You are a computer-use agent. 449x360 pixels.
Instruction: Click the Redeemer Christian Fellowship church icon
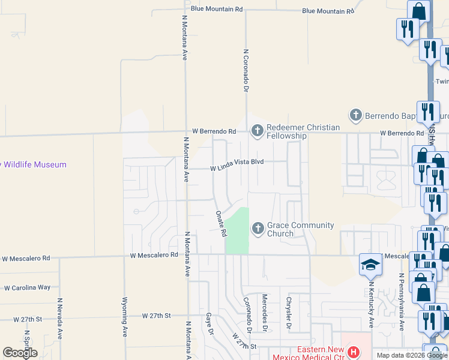[258, 130]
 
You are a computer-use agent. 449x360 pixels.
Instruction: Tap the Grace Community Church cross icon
[258, 229]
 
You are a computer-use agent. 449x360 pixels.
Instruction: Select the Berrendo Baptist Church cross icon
[355, 114]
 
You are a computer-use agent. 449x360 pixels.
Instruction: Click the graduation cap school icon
[370, 264]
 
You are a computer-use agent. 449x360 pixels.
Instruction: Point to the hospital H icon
[354, 352]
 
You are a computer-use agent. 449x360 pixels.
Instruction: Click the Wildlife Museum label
[34, 164]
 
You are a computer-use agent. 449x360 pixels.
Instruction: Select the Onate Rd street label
[220, 223]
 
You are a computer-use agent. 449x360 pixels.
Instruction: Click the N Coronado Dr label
[246, 70]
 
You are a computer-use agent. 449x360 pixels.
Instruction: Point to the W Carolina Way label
[27, 287]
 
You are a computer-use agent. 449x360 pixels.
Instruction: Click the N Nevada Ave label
[59, 319]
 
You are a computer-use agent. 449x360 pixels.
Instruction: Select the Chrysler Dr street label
[289, 314]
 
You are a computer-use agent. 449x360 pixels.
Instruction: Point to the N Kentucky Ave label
[372, 305]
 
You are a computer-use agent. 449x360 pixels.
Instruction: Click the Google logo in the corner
[20, 352]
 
